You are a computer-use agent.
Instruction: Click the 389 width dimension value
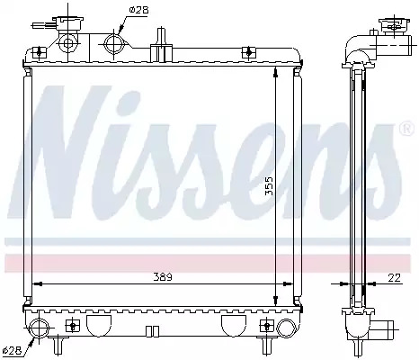click(x=163, y=276)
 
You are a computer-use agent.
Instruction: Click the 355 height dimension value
click(x=270, y=186)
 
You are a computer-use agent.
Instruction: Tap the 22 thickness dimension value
click(x=395, y=278)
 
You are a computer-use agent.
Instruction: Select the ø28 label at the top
click(x=138, y=10)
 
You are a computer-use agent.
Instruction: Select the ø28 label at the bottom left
click(x=12, y=351)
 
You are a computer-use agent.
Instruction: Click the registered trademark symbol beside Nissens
click(x=406, y=129)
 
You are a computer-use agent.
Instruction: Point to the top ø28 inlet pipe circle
click(x=114, y=44)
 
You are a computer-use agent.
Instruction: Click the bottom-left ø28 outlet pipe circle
click(x=40, y=328)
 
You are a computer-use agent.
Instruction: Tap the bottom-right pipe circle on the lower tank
click(x=286, y=328)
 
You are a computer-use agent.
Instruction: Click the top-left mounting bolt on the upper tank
click(x=40, y=52)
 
